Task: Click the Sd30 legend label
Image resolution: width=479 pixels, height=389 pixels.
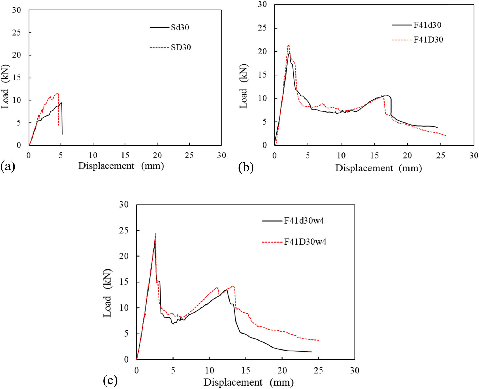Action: tap(180, 27)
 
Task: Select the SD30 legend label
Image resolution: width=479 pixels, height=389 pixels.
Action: tap(181, 47)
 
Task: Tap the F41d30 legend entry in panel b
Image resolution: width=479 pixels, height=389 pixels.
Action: tap(427, 25)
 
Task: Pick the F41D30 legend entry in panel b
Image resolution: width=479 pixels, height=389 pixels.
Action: tap(428, 40)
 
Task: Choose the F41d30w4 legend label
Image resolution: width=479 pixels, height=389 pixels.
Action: tap(304, 221)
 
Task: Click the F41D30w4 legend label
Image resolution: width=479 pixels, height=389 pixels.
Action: tap(305, 242)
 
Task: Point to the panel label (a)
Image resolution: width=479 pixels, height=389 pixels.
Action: tap(8, 167)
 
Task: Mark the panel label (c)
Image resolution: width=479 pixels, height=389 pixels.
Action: tap(110, 380)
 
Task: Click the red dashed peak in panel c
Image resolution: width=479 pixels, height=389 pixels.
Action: tap(156, 233)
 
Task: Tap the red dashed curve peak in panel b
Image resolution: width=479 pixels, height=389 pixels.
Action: tap(288, 45)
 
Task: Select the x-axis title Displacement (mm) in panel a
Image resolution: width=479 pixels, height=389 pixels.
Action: tap(121, 166)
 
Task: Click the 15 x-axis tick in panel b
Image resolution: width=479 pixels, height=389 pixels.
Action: tap(374, 156)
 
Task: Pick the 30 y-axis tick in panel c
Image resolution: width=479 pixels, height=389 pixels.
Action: tap(124, 205)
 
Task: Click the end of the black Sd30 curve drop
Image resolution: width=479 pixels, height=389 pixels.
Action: tap(62, 134)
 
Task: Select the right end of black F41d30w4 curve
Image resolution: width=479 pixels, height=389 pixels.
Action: tap(311, 352)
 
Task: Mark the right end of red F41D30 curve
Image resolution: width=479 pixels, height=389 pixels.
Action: tap(446, 136)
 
